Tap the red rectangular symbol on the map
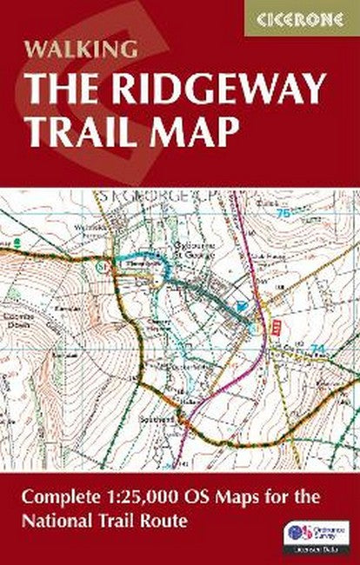(277, 324)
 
